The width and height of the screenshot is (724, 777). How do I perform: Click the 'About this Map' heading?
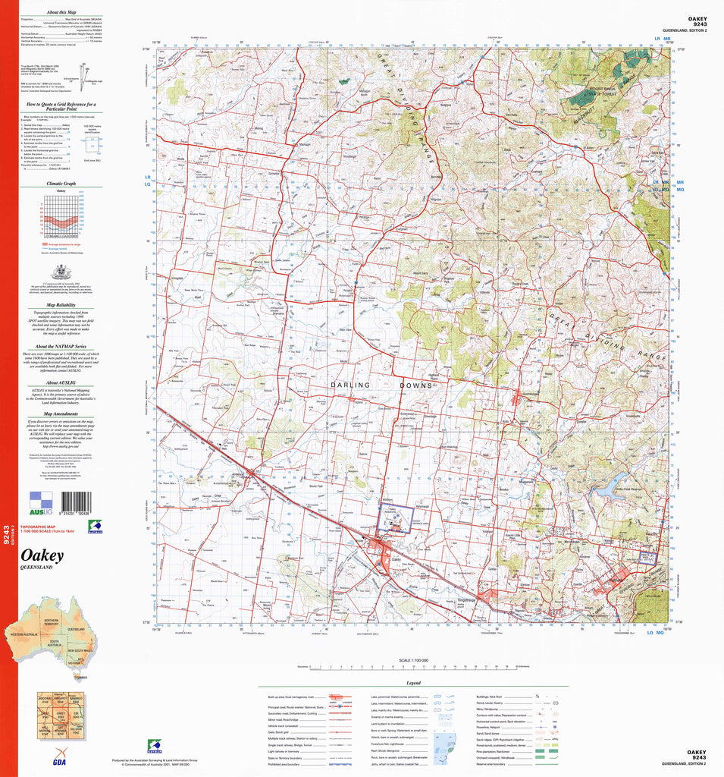pyautogui.click(x=61, y=13)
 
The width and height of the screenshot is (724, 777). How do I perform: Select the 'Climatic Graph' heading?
pyautogui.click(x=61, y=183)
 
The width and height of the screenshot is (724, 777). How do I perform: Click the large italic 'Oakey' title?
pyautogui.click(x=43, y=556)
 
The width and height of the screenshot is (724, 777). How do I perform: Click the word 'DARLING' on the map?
pyautogui.click(x=349, y=385)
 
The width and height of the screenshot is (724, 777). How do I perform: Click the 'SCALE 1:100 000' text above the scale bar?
pyautogui.click(x=413, y=661)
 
